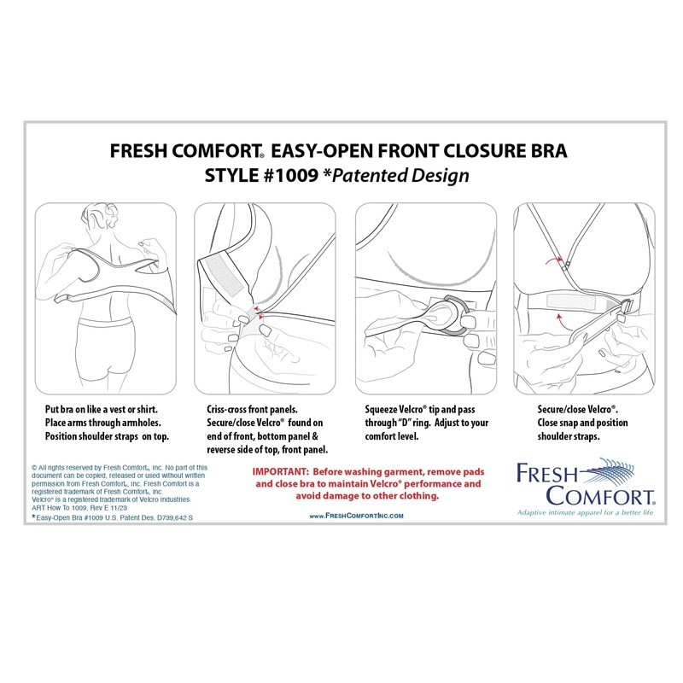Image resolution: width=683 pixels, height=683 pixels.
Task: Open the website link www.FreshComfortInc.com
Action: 356,516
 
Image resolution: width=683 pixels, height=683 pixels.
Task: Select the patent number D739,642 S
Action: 161,517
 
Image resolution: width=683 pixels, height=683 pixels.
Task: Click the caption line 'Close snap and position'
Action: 581,422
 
